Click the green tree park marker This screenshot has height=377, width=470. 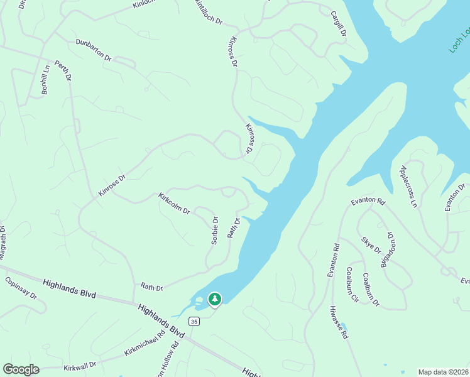click(215, 299)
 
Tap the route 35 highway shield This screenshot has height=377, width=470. click(194, 321)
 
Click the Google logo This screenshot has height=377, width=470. click(21, 369)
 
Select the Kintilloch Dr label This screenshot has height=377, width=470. click(209, 12)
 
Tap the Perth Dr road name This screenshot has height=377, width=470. click(63, 70)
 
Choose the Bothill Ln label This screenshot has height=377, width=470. click(45, 79)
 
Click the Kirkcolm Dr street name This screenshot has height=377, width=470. click(174, 203)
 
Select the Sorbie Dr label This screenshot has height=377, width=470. click(214, 231)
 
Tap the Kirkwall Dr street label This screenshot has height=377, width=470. click(80, 365)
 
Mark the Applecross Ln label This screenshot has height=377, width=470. click(408, 186)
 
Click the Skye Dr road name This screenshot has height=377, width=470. click(371, 245)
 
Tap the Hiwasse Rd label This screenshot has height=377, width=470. click(338, 323)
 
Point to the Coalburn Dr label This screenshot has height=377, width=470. click(371, 290)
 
